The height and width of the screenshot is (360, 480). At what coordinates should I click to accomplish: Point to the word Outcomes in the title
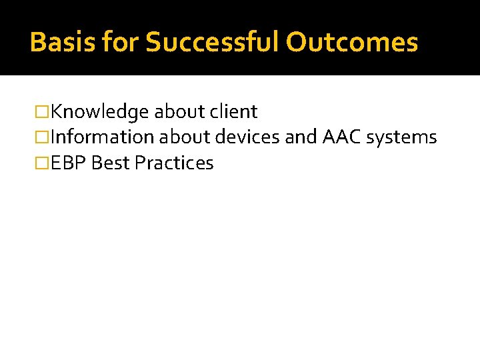351,42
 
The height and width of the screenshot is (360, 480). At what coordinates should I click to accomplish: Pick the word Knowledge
99,112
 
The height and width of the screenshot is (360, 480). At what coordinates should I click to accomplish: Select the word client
234,112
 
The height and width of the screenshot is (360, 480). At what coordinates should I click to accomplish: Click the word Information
102,137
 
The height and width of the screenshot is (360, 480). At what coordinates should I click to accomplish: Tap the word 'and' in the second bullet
301,137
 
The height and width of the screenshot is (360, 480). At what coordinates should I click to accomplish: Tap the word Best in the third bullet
111,163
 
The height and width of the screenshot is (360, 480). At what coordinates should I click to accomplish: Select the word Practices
174,163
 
